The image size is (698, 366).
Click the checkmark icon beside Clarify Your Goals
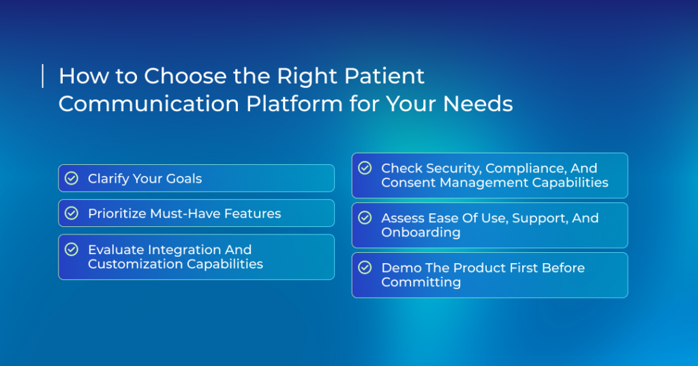(71, 178)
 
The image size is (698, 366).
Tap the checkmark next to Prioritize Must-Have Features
(71, 213)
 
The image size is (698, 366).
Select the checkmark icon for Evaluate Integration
(71, 249)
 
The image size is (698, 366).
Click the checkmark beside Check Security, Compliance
(365, 168)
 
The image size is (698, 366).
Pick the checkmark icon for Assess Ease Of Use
(365, 217)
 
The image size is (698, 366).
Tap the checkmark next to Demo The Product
(365, 268)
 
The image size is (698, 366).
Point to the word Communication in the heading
(149, 104)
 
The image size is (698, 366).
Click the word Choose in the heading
(185, 76)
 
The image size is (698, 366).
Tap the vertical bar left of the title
(43, 76)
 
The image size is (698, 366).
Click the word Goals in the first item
(184, 179)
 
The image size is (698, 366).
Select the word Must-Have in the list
(185, 214)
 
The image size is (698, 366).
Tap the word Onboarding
(421, 233)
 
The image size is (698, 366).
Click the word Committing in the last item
(421, 283)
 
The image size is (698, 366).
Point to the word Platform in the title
(294, 104)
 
